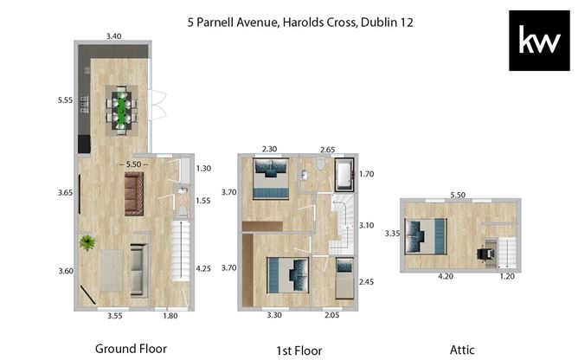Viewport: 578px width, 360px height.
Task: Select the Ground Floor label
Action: click(x=130, y=349)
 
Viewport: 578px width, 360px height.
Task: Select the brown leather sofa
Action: click(x=134, y=192)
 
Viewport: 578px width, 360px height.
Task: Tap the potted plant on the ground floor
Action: click(x=87, y=243)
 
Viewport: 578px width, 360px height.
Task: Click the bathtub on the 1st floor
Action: click(x=344, y=176)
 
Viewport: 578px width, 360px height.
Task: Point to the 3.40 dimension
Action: click(x=114, y=36)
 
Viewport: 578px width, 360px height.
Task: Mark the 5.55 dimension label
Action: click(x=65, y=100)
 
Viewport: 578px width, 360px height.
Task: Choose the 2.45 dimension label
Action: click(x=367, y=282)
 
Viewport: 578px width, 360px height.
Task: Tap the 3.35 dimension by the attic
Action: click(x=392, y=234)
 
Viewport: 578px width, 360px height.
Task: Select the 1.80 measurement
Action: click(x=170, y=317)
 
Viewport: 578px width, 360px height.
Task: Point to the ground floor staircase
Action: click(x=180, y=260)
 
